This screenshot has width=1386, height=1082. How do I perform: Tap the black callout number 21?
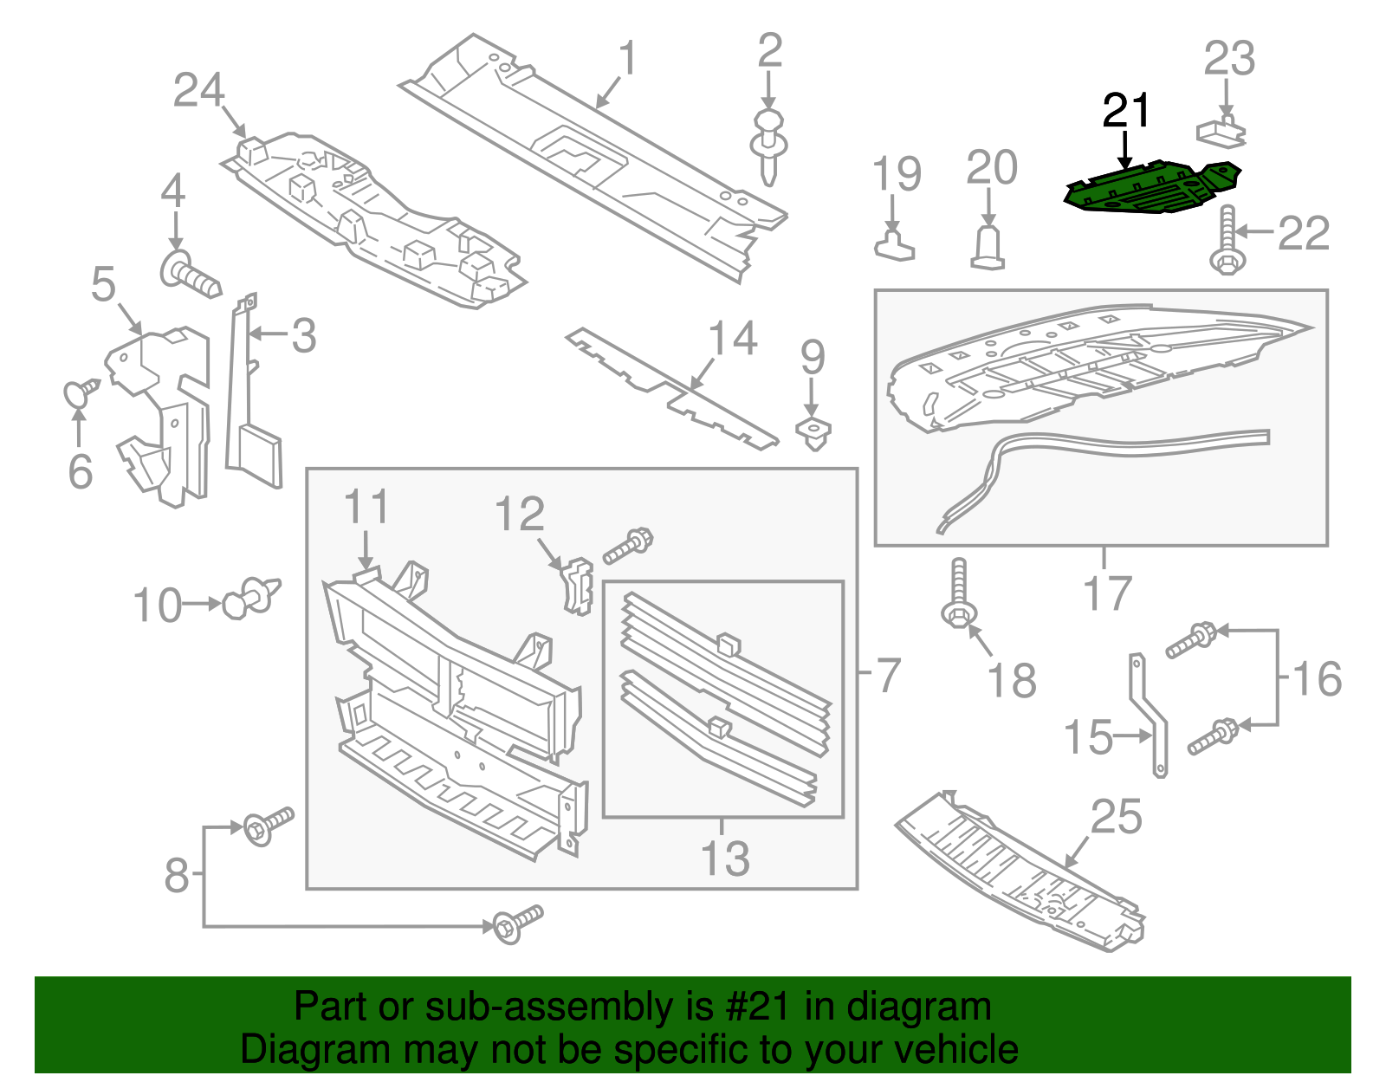(1126, 112)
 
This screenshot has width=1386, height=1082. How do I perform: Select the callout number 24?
(199, 91)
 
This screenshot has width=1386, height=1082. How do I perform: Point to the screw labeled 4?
(189, 273)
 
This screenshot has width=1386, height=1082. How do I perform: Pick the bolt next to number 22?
(1226, 243)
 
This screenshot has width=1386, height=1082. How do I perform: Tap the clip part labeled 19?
(894, 243)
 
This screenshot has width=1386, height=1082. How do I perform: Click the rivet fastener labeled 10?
(251, 598)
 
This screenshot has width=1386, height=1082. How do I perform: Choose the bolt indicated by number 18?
(958, 598)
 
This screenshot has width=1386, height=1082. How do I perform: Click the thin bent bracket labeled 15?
(1150, 715)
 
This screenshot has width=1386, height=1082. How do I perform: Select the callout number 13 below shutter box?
(724, 858)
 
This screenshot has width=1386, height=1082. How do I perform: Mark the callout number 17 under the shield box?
(1107, 593)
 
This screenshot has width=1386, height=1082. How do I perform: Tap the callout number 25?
(1117, 817)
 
